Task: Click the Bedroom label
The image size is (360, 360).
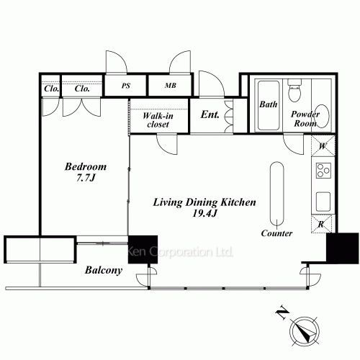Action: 86,166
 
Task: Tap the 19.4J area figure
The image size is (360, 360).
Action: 204,213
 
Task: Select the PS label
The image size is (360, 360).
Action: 126,86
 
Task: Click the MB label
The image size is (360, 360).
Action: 171,86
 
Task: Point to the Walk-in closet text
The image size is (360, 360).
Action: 158,120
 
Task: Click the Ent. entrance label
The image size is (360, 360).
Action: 210,114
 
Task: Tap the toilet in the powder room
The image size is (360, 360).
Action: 294,91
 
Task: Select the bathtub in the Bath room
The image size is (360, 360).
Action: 269,105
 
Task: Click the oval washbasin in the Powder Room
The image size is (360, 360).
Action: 322,116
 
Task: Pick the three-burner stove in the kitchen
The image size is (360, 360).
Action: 323,171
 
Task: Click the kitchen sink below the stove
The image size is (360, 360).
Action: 323,202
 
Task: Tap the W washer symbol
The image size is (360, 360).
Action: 323,146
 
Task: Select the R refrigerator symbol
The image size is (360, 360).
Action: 321,225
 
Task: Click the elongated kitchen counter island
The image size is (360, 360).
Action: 277,194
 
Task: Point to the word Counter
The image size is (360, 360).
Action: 276,233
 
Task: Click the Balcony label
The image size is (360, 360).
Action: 104,271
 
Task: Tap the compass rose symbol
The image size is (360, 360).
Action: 305,331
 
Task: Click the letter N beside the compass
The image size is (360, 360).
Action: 282,312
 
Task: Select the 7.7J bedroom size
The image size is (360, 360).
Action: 86,178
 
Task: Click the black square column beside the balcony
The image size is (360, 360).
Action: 143,250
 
